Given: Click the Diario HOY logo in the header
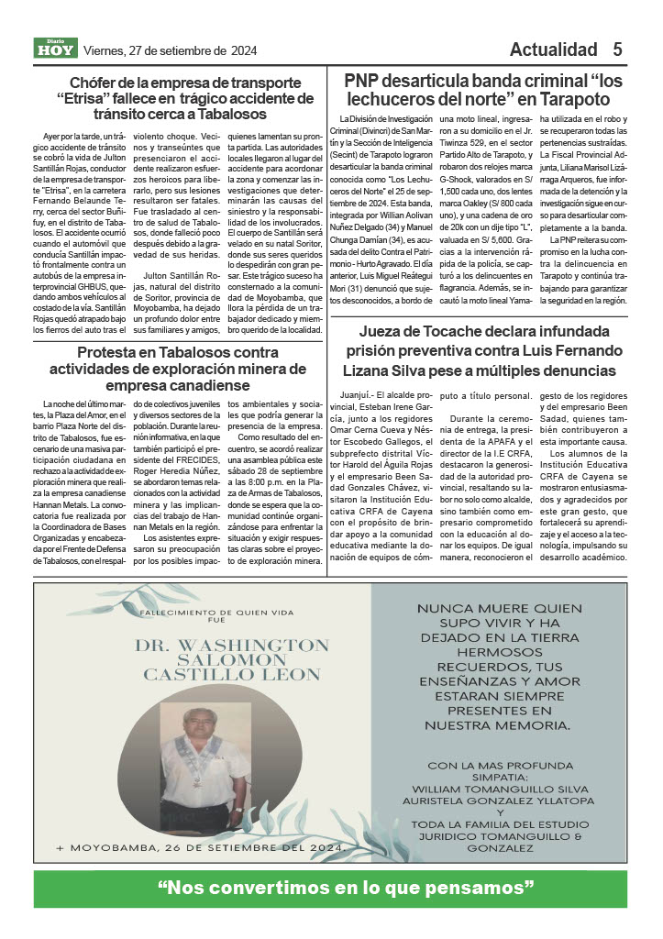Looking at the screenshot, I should pos(56,49).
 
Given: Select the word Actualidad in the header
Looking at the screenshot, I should pos(553,50).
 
